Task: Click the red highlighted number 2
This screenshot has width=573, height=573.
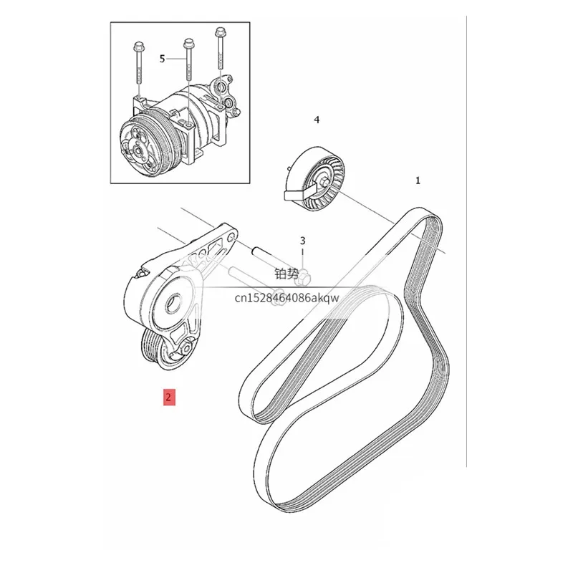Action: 169,397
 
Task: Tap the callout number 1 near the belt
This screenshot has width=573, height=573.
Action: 418,180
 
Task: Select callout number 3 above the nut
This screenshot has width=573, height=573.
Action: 302,241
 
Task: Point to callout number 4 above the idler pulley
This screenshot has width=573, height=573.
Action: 317,120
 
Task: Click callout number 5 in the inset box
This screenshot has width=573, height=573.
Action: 163,59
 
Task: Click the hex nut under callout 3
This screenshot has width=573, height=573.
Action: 304,277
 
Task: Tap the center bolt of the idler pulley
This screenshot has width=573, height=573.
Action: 325,182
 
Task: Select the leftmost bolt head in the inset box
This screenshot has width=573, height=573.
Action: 138,47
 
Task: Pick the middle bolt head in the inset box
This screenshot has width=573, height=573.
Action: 188,44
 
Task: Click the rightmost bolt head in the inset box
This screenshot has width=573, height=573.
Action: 220,32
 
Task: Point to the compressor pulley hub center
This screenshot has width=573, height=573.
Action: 138,150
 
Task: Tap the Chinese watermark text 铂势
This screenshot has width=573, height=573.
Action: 287,274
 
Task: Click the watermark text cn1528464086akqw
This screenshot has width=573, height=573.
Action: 287,297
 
